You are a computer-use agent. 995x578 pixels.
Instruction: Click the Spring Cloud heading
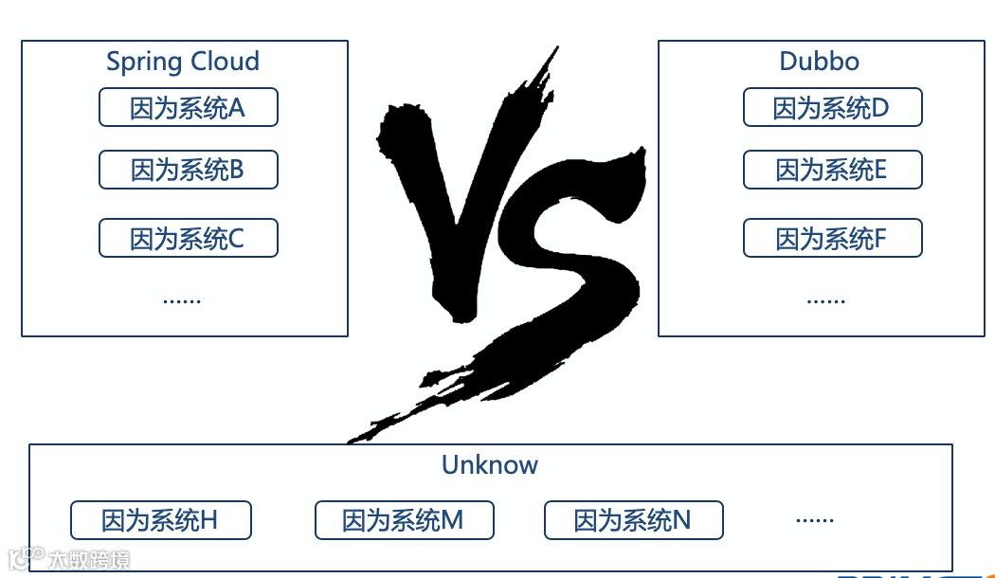point(182,62)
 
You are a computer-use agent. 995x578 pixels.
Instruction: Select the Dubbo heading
point(819,62)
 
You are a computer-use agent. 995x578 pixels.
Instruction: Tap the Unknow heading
point(489,464)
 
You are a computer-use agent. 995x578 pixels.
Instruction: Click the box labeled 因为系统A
point(188,108)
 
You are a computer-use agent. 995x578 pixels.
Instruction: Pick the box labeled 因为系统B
point(188,170)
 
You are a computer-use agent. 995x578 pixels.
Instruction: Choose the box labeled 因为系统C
point(188,238)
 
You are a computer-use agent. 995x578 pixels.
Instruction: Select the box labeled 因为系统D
point(832,108)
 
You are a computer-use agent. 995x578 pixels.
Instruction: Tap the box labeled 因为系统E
point(832,170)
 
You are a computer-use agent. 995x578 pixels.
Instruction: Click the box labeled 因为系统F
point(832,238)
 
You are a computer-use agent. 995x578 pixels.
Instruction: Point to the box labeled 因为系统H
point(160,520)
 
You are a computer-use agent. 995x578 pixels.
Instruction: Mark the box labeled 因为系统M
point(404,520)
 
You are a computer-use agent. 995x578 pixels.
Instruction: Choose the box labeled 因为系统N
point(633,520)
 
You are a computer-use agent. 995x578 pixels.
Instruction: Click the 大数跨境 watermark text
point(90,559)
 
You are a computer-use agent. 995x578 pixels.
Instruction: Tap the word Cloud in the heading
point(224,62)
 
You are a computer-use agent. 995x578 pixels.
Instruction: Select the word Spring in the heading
point(143,63)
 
